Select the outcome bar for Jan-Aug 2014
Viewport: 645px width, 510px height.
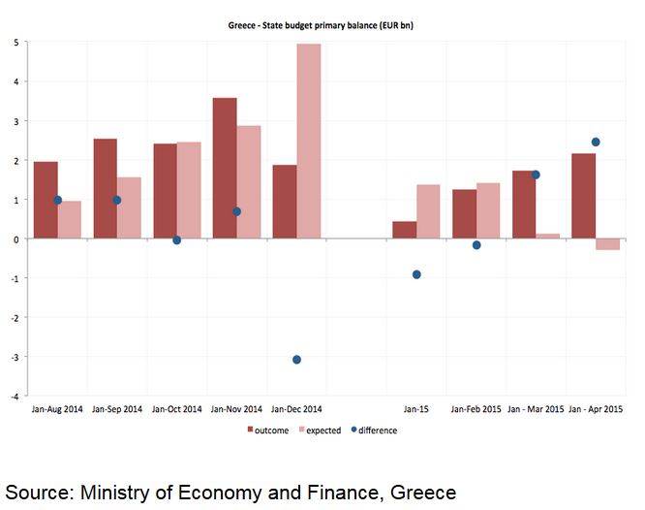coord(46,200)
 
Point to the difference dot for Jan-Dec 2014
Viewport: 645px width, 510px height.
coord(296,360)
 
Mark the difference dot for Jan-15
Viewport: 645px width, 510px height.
coord(416,274)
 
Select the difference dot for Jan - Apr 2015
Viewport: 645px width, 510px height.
coord(596,142)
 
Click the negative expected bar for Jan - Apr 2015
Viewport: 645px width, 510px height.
coord(608,244)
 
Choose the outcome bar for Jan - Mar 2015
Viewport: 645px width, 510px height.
coord(524,205)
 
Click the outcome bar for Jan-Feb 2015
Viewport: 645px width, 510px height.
coord(464,213)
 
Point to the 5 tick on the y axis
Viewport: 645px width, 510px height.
coord(15,43)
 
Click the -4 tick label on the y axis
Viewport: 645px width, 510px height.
coord(13,397)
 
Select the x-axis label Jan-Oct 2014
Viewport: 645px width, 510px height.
coord(177,410)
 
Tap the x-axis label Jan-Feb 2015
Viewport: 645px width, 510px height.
coord(476,410)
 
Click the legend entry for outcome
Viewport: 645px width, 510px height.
coord(270,430)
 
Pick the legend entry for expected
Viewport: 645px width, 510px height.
coord(322,430)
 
